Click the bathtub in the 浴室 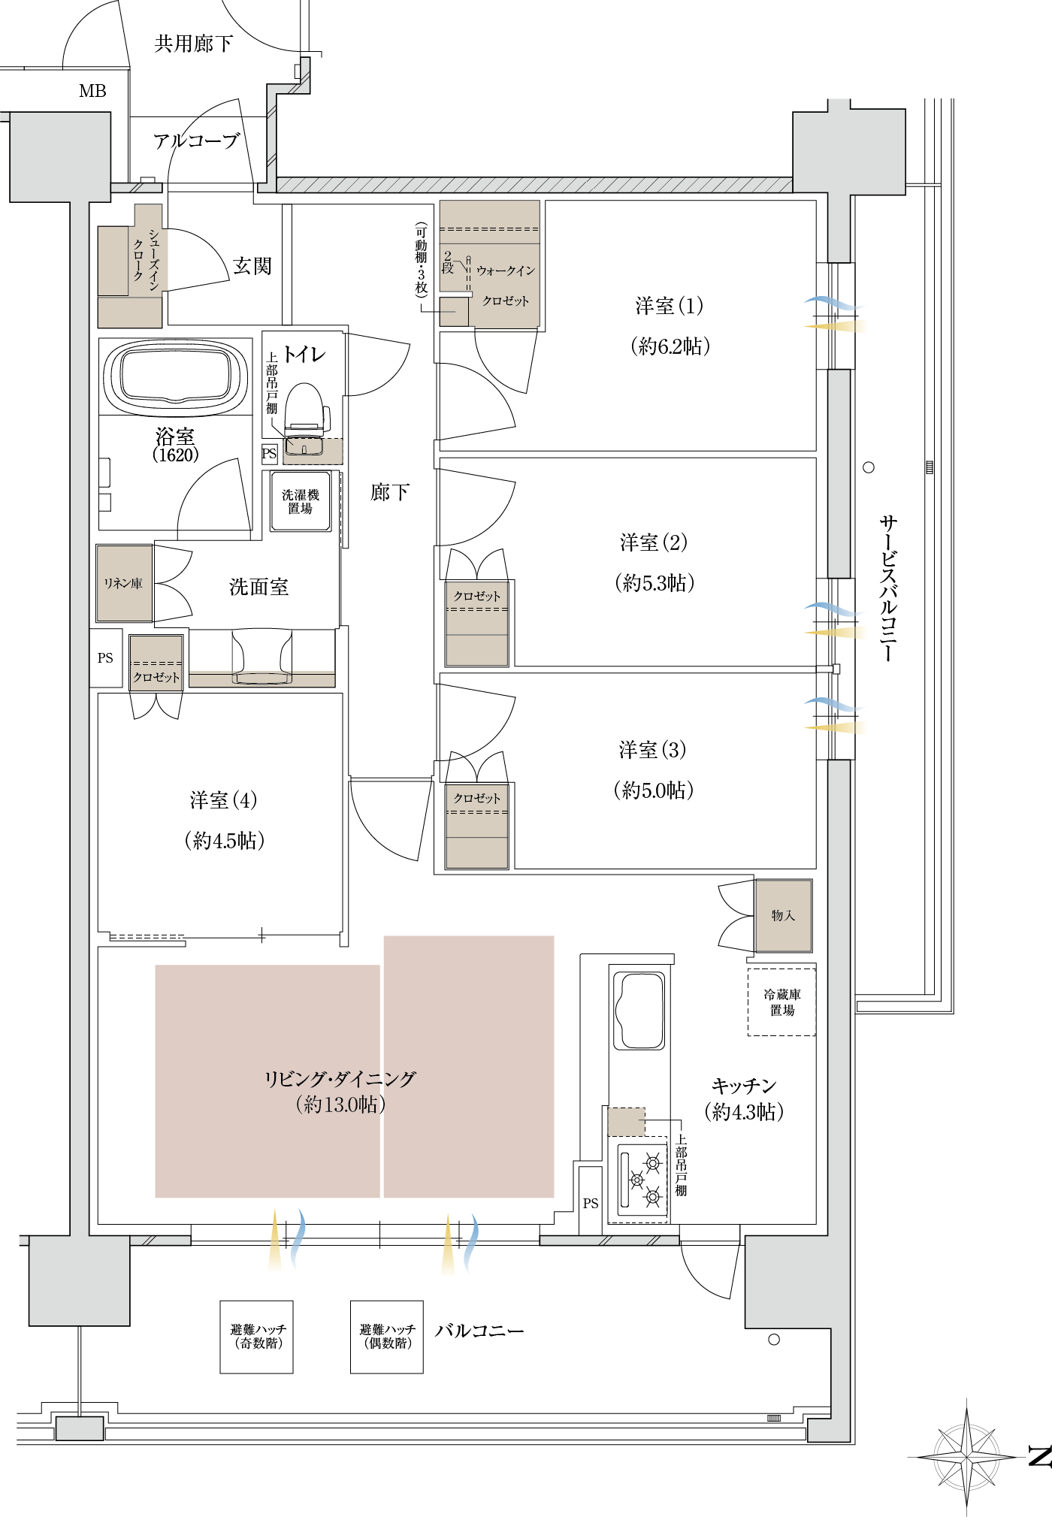tap(175, 376)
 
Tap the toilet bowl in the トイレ tap(307, 409)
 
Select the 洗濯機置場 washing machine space tap(301, 501)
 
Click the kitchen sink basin tap(639, 1011)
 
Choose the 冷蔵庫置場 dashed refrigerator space tap(781, 1002)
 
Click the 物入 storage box tap(783, 916)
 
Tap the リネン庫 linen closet tap(124, 583)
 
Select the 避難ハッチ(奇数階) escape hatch tap(257, 1337)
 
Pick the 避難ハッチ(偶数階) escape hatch tap(387, 1337)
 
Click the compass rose tap(966, 1457)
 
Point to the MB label tap(92, 91)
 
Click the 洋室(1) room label tap(670, 306)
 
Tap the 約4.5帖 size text tap(225, 840)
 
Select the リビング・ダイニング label tap(340, 1079)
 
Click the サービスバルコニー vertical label tap(888, 588)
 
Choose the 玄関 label tap(252, 266)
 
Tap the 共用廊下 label tap(194, 44)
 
